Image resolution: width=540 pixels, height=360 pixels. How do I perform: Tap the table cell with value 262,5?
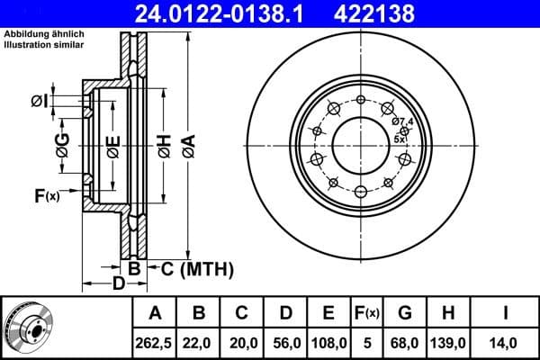(155, 342)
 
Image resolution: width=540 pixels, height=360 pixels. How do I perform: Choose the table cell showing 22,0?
(199, 342)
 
